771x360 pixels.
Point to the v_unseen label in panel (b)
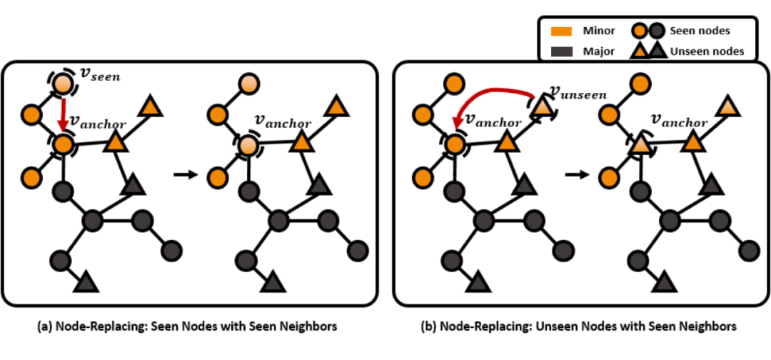578,93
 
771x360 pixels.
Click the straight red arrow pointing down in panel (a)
63,114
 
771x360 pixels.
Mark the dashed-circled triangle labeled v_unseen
541,107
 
